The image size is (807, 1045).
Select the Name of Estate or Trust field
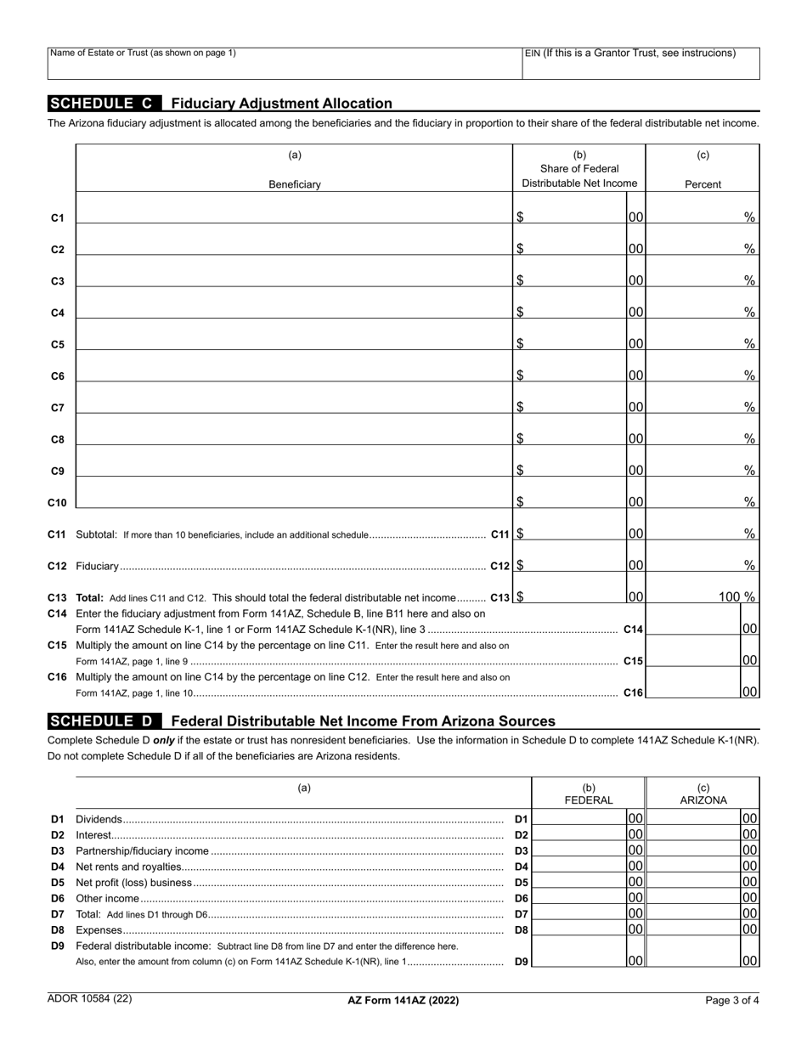coord(284,64)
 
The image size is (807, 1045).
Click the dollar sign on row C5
coord(520,344)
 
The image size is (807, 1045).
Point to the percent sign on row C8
coord(750,438)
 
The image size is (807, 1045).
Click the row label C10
coord(57,503)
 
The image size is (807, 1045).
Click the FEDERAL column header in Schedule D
coord(589,800)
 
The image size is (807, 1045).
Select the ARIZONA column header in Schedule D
coord(703,800)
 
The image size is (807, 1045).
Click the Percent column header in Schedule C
coord(703,184)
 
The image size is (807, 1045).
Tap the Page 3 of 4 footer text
coord(732,1001)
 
